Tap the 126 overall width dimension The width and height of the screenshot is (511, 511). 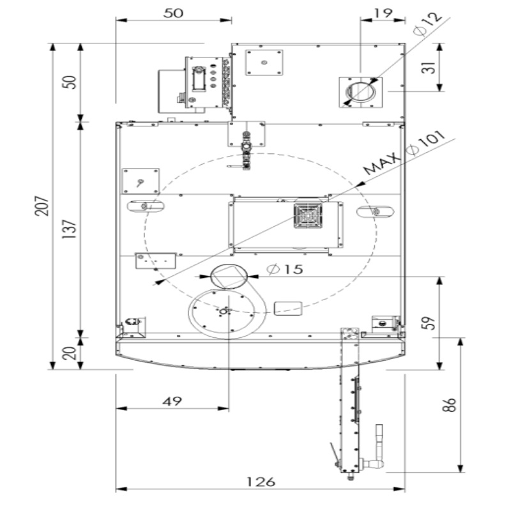pyautogui.click(x=261, y=482)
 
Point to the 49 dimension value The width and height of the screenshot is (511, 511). pyautogui.click(x=171, y=401)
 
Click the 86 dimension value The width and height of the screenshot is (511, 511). pyautogui.click(x=451, y=405)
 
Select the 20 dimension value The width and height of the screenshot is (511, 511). pyautogui.click(x=71, y=352)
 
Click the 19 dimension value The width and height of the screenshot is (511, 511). pyautogui.click(x=383, y=12)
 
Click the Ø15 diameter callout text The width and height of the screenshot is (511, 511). pyautogui.click(x=285, y=270)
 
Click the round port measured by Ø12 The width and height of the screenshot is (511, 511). pyautogui.click(x=361, y=90)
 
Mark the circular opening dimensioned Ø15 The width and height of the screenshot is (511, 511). pyautogui.click(x=228, y=276)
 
